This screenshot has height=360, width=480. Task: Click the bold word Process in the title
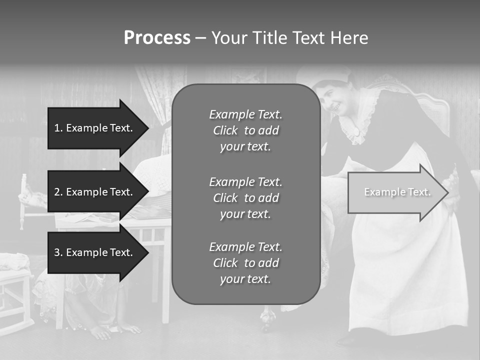(157, 37)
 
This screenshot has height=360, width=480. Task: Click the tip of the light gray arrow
(447, 192)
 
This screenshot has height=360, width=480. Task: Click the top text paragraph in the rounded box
(245, 130)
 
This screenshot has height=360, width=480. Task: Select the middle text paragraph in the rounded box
(245, 197)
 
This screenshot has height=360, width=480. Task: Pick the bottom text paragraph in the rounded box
(245, 263)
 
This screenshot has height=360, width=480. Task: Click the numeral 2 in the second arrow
(57, 192)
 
